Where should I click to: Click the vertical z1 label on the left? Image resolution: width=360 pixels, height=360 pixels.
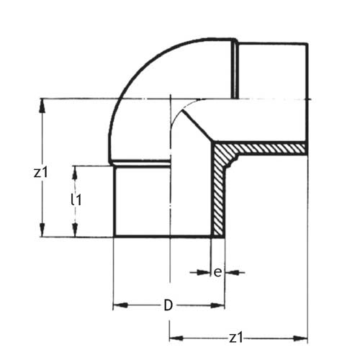tap(41, 173)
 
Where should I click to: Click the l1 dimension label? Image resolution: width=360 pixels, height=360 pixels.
tap(76, 199)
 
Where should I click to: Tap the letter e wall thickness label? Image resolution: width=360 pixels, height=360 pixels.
tap(217, 273)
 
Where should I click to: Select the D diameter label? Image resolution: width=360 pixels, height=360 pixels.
tap(168, 305)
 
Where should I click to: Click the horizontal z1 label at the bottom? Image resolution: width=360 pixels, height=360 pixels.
tap(236, 338)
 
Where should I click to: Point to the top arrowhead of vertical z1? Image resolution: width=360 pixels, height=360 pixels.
tap(42, 106)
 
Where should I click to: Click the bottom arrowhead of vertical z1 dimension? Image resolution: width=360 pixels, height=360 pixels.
tap(42, 230)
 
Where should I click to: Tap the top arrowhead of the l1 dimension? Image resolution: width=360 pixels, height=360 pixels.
tap(75, 173)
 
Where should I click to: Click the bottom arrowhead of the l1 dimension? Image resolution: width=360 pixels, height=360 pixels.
tap(75, 230)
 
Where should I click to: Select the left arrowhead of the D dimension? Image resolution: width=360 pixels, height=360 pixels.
tap(120, 305)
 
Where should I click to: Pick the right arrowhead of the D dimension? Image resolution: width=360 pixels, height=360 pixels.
tap(217, 305)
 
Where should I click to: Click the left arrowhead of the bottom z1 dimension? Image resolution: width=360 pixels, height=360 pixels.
tap(176, 338)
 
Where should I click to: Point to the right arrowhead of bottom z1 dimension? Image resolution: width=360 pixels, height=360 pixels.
tap(300, 338)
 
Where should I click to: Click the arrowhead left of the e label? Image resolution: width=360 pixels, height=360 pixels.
tap(204, 272)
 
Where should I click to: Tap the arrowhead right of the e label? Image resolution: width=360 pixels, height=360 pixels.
tap(232, 272)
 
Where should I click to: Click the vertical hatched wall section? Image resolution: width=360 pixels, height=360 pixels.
tap(218, 197)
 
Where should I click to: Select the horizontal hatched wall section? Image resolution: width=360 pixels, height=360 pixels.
tap(264, 148)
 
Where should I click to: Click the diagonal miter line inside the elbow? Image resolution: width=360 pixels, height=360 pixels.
tap(197, 125)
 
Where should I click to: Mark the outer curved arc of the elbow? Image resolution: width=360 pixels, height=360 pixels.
tap(135, 74)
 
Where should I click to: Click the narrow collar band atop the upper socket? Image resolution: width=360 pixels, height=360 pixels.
tap(235, 70)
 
